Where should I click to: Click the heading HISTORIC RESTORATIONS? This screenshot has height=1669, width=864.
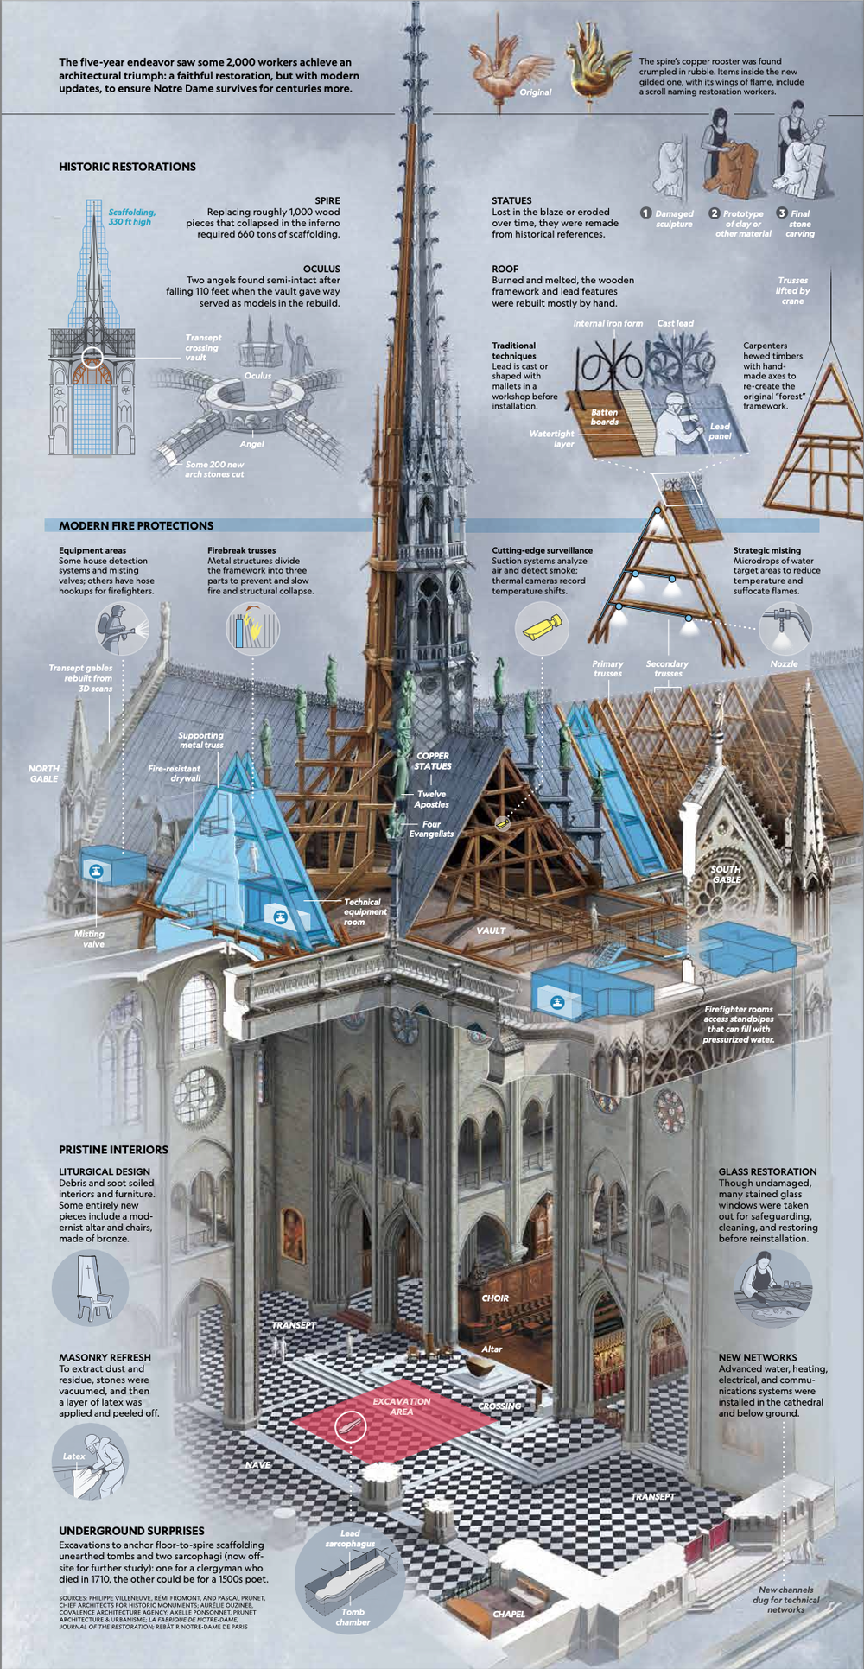click(127, 167)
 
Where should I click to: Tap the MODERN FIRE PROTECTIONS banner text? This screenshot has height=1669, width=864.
click(136, 525)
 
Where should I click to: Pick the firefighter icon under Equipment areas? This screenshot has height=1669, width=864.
click(121, 628)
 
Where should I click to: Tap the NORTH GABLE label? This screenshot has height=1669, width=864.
click(44, 773)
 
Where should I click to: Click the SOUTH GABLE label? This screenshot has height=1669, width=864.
click(726, 874)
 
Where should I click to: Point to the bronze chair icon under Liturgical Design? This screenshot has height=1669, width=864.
click(90, 1287)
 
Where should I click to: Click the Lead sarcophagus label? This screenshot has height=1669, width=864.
click(350, 1538)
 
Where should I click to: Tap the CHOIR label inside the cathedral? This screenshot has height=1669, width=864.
click(495, 1298)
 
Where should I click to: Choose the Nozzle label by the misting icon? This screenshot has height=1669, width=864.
click(784, 663)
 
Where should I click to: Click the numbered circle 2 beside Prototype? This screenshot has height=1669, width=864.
click(714, 213)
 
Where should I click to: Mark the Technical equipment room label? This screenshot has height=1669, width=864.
click(365, 911)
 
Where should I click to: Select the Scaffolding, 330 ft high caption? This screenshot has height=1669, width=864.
click(131, 217)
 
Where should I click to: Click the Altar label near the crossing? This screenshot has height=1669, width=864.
click(492, 1349)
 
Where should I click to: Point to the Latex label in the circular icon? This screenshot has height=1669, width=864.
click(74, 1456)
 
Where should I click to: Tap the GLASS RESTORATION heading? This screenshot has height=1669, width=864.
click(767, 1171)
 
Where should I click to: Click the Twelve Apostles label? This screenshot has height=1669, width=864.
click(431, 799)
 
